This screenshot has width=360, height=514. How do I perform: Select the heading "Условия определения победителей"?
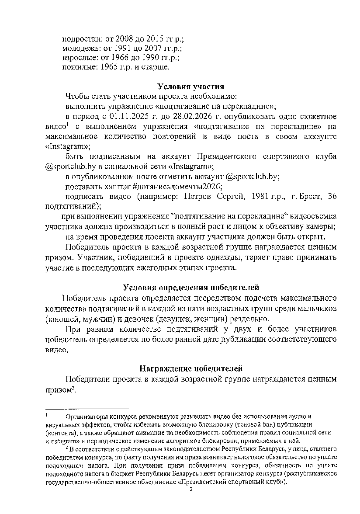point(191,288)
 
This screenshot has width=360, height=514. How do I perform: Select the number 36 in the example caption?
point(332,197)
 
